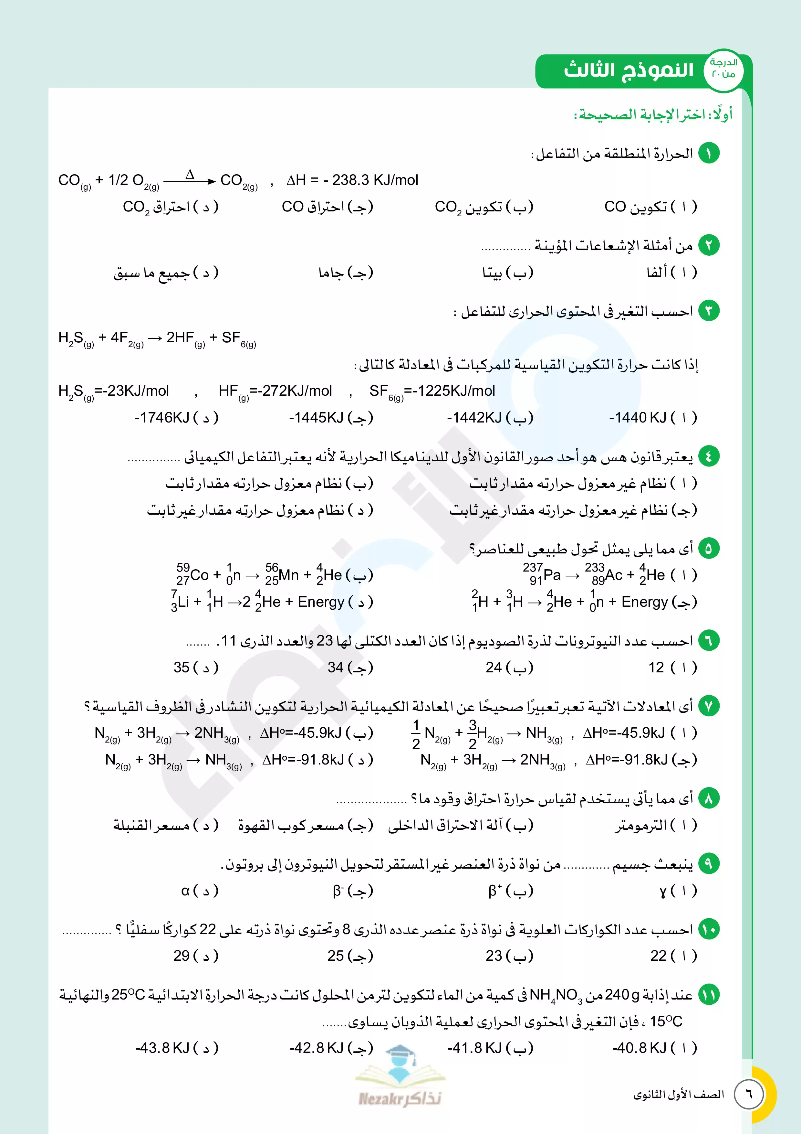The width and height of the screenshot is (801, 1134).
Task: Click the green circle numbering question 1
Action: click(x=709, y=153)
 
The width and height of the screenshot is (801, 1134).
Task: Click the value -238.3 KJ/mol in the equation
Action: click(x=375, y=180)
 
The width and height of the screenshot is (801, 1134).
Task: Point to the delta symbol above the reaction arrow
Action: click(x=190, y=174)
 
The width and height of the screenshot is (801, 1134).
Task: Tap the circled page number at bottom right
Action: click(x=749, y=1094)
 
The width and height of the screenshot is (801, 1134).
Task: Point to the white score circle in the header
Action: click(x=723, y=70)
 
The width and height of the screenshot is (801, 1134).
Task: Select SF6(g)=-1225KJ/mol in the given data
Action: click(x=432, y=392)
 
